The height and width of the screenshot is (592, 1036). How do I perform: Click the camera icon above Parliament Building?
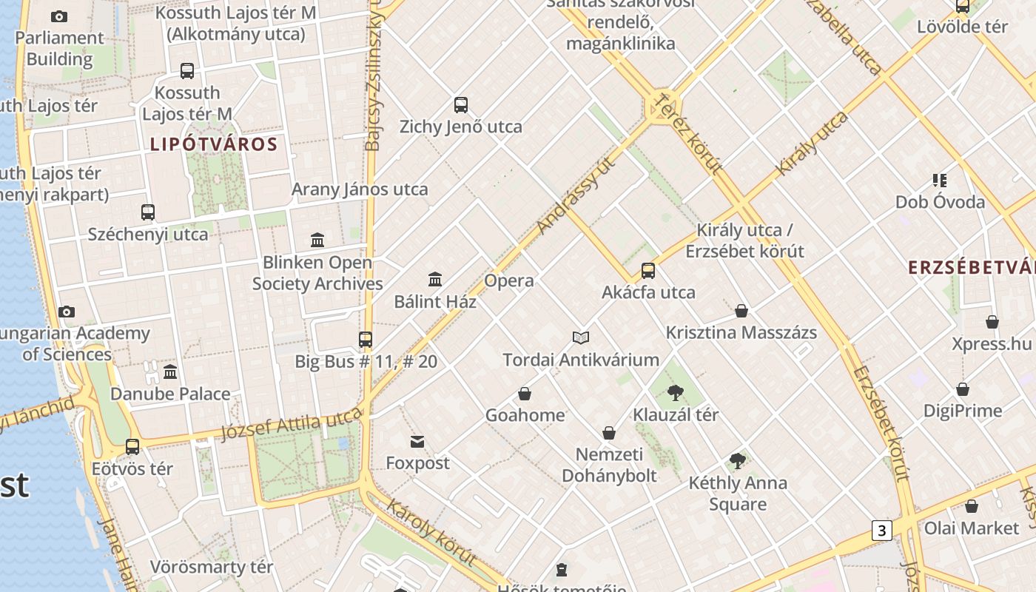pyautogui.click(x=59, y=16)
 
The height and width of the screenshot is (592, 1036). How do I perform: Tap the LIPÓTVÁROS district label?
pyautogui.click(x=214, y=144)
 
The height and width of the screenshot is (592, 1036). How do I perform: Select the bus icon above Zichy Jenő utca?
pyautogui.click(x=461, y=105)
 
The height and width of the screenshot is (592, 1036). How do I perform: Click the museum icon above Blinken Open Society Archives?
pyautogui.click(x=318, y=240)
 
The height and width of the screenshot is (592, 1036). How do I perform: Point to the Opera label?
pyautogui.click(x=509, y=280)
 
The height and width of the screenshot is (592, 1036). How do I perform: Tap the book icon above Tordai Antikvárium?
pyautogui.click(x=581, y=338)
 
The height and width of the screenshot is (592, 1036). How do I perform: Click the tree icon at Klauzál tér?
pyautogui.click(x=675, y=393)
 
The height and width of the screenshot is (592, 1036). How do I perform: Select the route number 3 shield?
pyautogui.click(x=881, y=530)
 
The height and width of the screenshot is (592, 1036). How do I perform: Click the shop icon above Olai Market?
pyautogui.click(x=972, y=506)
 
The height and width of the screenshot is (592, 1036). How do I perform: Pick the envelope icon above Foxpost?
pyautogui.click(x=417, y=442)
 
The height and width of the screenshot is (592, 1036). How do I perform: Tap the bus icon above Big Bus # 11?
pyautogui.click(x=366, y=340)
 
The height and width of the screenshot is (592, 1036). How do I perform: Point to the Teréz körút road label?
pyautogui.click(x=689, y=133)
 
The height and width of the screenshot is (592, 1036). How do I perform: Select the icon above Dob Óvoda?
pyautogui.click(x=940, y=180)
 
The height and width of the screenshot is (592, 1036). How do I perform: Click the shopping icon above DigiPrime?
pyautogui.click(x=963, y=389)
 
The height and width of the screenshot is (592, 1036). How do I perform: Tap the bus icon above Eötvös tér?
pyautogui.click(x=132, y=447)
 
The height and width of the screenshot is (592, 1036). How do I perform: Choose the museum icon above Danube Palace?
pyautogui.click(x=170, y=371)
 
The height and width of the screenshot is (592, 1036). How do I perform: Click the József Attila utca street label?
pyautogui.click(x=292, y=425)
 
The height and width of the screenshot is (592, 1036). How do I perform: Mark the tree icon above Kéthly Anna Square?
pyautogui.click(x=737, y=462)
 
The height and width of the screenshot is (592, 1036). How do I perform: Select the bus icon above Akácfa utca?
pyautogui.click(x=648, y=271)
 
